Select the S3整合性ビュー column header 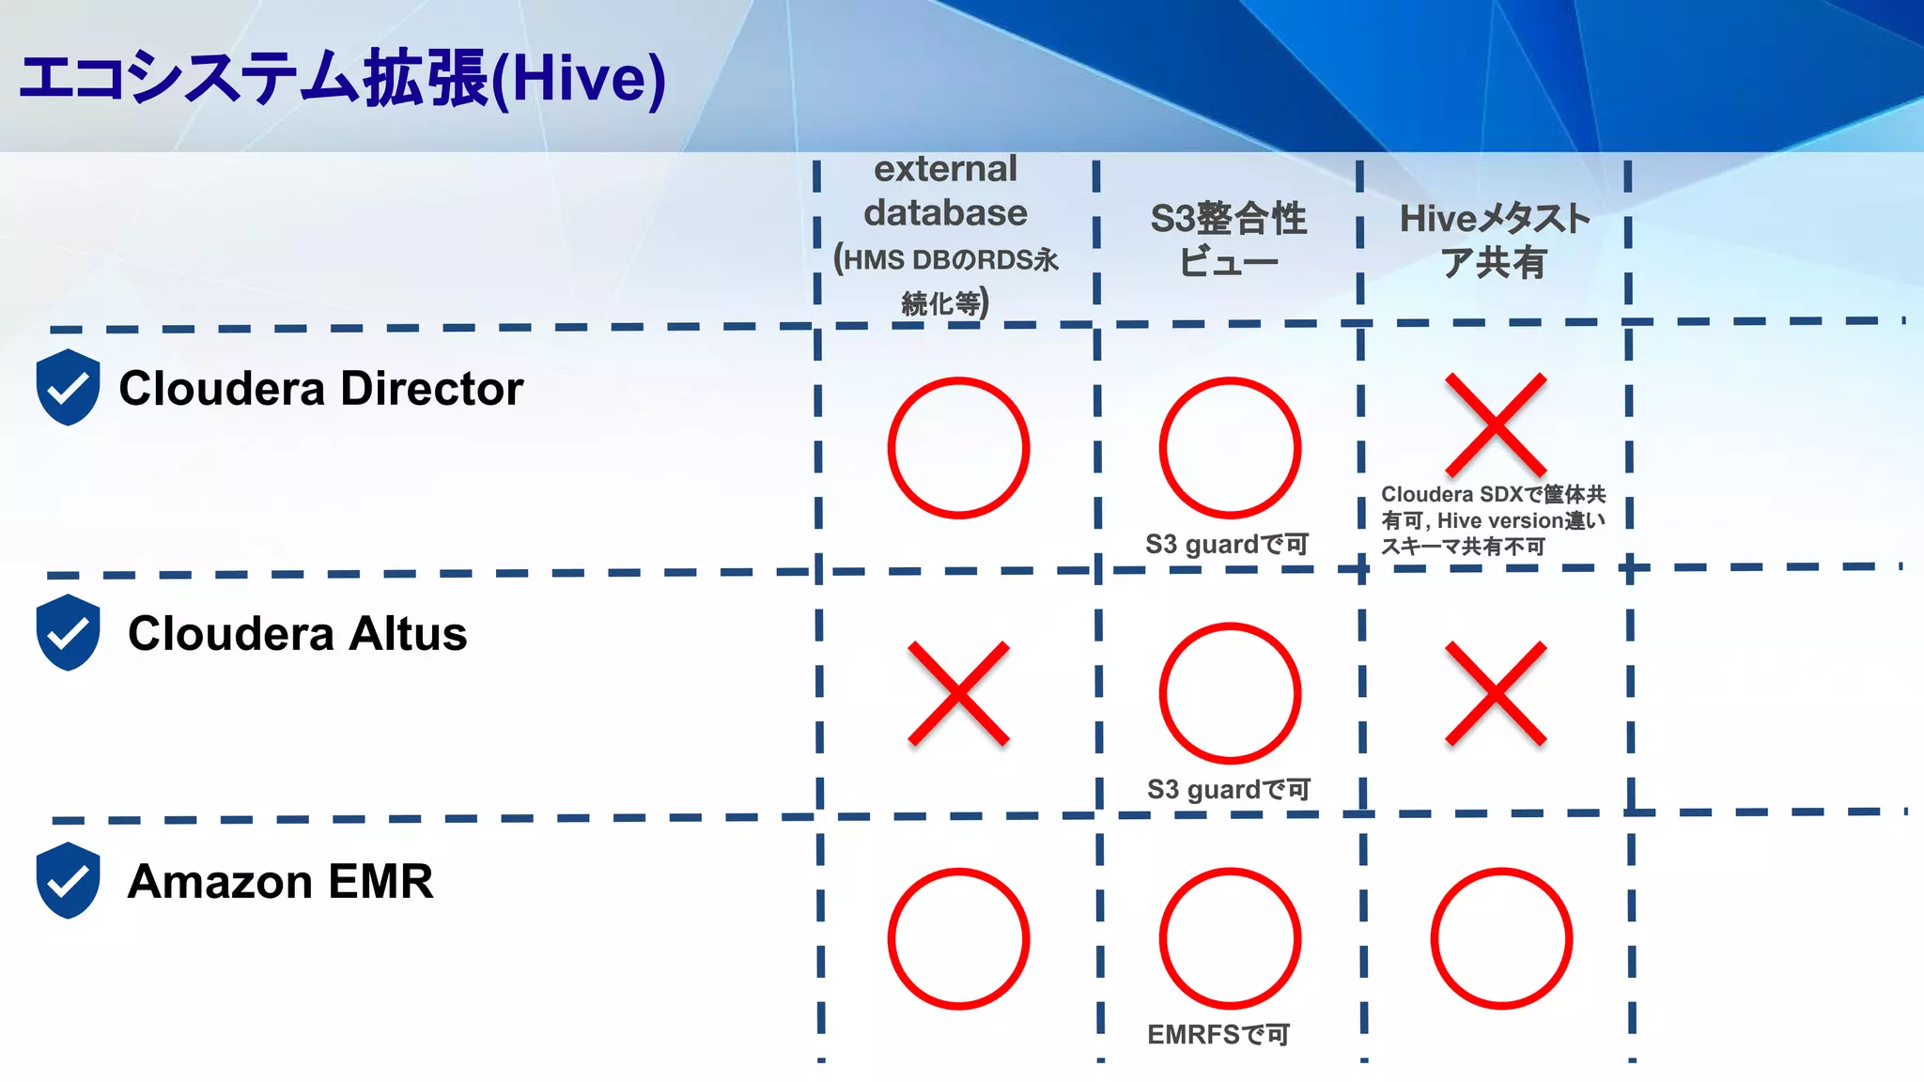(1228, 240)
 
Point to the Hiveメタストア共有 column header (1494, 240)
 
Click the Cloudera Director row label (320, 388)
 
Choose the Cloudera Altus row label (297, 633)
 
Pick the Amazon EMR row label (280, 881)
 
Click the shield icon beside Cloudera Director (68, 387)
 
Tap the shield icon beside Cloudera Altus (68, 632)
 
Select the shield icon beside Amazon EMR (68, 880)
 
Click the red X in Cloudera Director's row (1496, 425)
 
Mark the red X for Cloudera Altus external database (958, 693)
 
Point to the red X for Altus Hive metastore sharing (1496, 693)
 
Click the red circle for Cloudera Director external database (958, 448)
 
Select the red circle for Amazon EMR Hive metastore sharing (1501, 938)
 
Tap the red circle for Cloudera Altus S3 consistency (1230, 693)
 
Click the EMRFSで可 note (1218, 1034)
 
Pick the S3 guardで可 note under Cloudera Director (1226, 544)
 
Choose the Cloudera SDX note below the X (1493, 519)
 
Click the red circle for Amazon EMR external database (958, 938)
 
